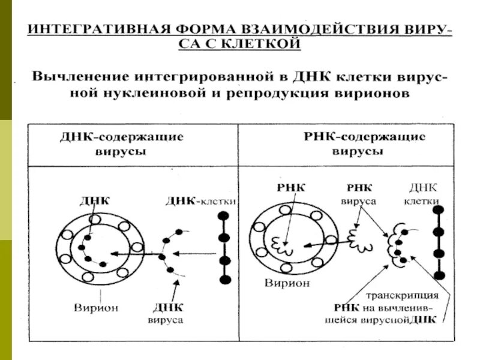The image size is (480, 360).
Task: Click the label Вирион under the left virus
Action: [x=96, y=308]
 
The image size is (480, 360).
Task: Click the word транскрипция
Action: [x=402, y=296]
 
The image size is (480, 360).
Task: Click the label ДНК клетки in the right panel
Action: [x=424, y=193]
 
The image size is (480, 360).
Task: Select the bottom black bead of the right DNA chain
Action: [x=439, y=275]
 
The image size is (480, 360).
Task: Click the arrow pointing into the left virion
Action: [x=135, y=254]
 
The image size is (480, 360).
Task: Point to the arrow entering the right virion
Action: [x=324, y=243]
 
